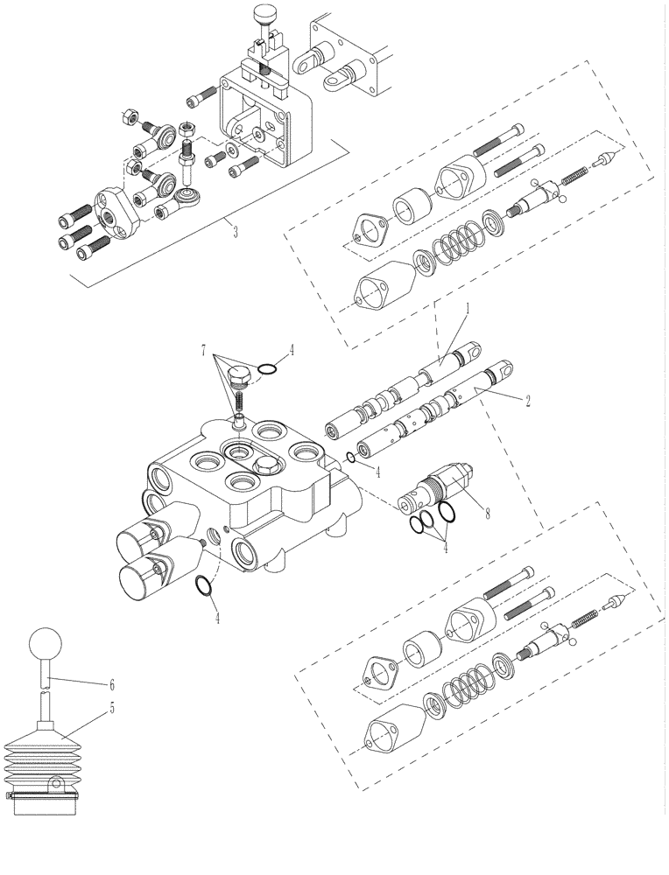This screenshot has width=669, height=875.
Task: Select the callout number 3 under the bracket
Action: point(234,232)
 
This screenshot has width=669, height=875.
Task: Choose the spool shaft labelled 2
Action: point(429,411)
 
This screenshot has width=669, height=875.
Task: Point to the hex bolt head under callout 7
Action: point(237,378)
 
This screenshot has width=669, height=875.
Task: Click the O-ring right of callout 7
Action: point(270,369)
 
